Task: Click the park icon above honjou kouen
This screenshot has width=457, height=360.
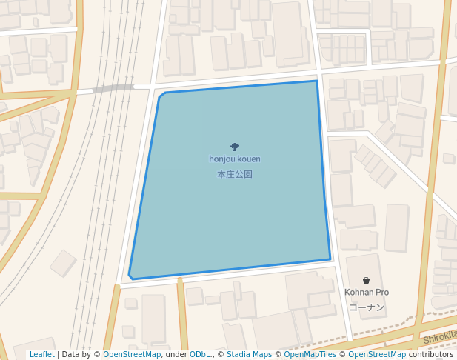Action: (x=235, y=147)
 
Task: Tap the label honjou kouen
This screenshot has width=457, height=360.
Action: (x=235, y=159)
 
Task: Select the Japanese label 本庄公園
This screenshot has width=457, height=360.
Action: (x=235, y=175)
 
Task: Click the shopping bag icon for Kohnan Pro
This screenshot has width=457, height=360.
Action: (x=366, y=280)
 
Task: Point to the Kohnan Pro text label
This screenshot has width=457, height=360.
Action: (x=366, y=293)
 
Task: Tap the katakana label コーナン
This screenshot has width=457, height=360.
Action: (x=366, y=307)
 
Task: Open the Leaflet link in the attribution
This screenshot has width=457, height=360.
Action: (x=42, y=355)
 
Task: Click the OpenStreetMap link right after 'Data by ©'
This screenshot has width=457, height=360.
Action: (x=132, y=355)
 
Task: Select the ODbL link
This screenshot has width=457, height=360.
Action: (x=200, y=355)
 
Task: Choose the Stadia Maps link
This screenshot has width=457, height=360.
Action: (x=249, y=355)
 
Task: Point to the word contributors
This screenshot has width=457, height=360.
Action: (x=430, y=355)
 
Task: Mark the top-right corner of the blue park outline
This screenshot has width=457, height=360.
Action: (x=317, y=81)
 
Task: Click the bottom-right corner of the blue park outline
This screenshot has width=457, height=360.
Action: (x=330, y=259)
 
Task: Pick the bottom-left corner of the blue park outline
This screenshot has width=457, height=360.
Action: (x=130, y=278)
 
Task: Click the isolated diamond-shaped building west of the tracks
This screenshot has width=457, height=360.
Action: (x=63, y=263)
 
